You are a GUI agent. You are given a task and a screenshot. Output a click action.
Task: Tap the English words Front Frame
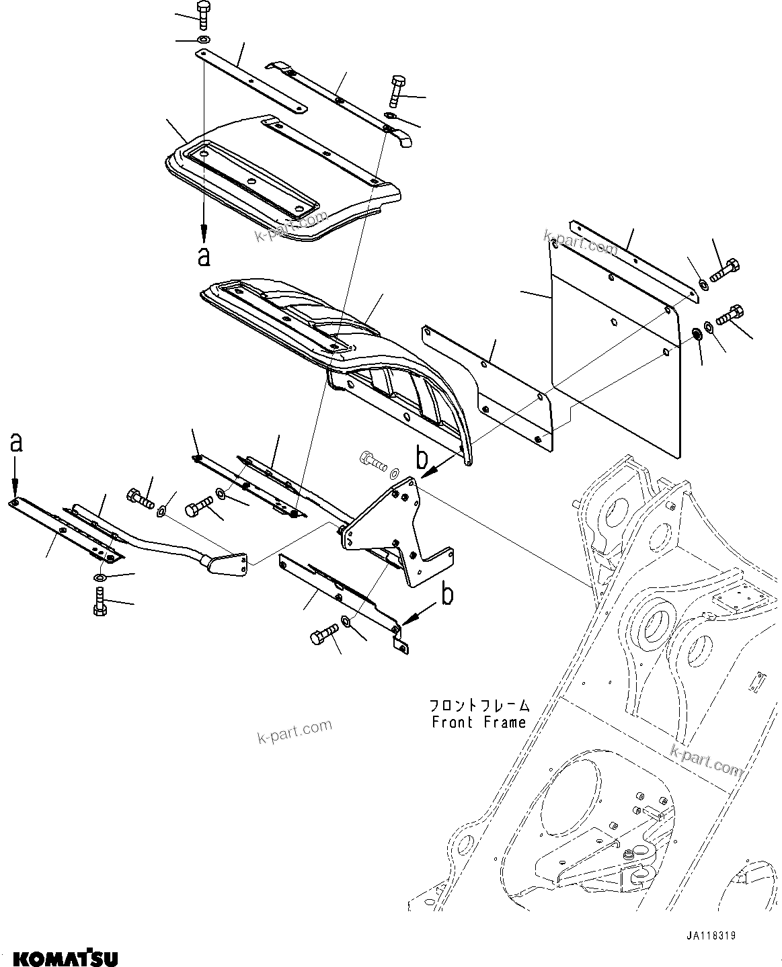(x=479, y=723)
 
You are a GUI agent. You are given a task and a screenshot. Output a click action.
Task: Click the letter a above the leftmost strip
(x=15, y=443)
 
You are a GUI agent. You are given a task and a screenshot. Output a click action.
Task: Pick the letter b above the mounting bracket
(x=422, y=459)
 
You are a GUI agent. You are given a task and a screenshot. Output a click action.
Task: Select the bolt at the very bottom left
(x=99, y=601)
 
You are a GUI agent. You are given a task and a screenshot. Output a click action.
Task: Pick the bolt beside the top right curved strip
(x=395, y=90)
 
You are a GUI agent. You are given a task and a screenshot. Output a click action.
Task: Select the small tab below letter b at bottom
(x=401, y=644)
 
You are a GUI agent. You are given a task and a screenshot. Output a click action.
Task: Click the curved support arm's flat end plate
(x=228, y=564)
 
